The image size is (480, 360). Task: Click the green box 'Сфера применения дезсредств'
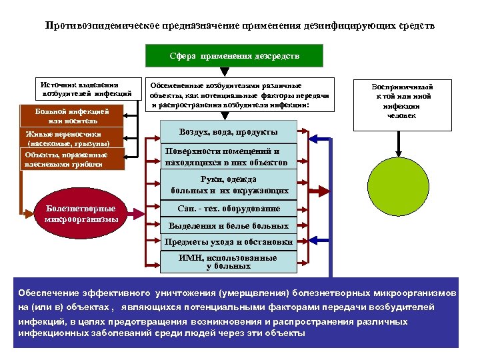[x=233, y=56]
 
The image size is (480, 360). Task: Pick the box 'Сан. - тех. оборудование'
[x=229, y=209]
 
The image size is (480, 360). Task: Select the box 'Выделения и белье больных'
[x=229, y=226]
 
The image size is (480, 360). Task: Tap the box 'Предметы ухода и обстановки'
[x=229, y=242]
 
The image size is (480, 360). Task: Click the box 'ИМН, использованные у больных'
[x=229, y=261]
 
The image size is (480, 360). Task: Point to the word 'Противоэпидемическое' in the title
[x=100, y=26]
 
